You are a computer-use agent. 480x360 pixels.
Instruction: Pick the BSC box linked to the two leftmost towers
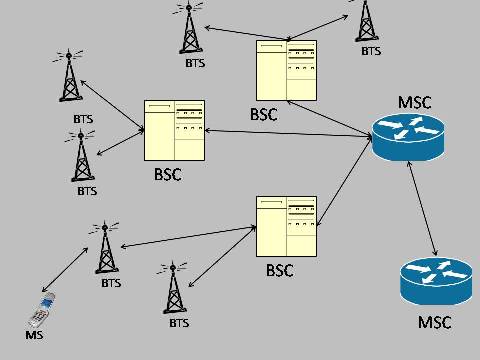(x=174, y=129)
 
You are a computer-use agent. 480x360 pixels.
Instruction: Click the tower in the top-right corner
(x=368, y=20)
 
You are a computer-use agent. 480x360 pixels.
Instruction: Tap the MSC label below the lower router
(x=434, y=322)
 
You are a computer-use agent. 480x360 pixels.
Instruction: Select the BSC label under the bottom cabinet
(x=280, y=270)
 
